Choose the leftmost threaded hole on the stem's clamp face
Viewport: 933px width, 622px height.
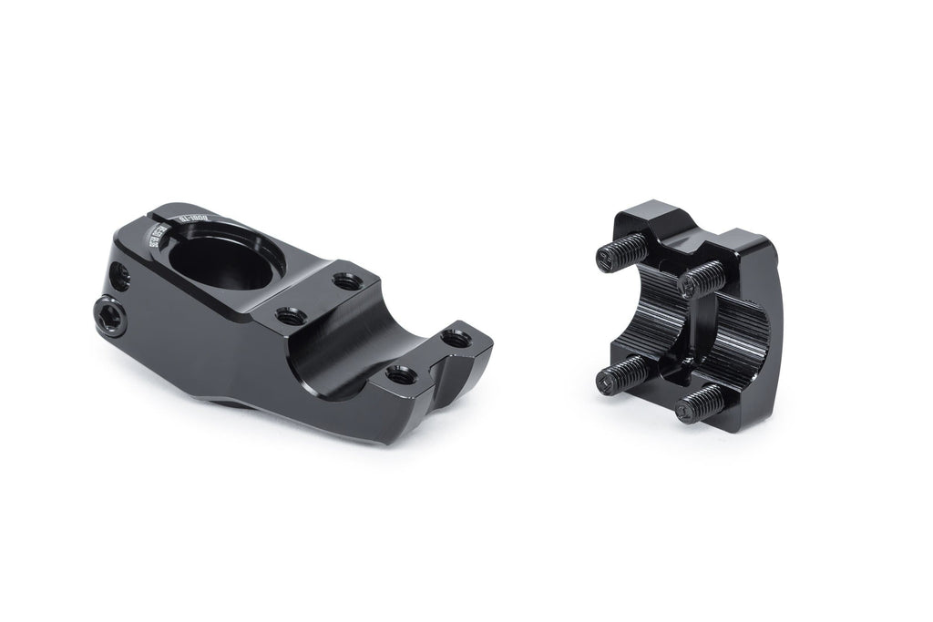292,316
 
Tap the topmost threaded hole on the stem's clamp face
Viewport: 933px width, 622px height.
347,281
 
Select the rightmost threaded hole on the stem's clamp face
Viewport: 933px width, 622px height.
456,339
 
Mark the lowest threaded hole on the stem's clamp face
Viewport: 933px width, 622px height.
401,373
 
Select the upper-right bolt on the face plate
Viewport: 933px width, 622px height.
701,279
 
